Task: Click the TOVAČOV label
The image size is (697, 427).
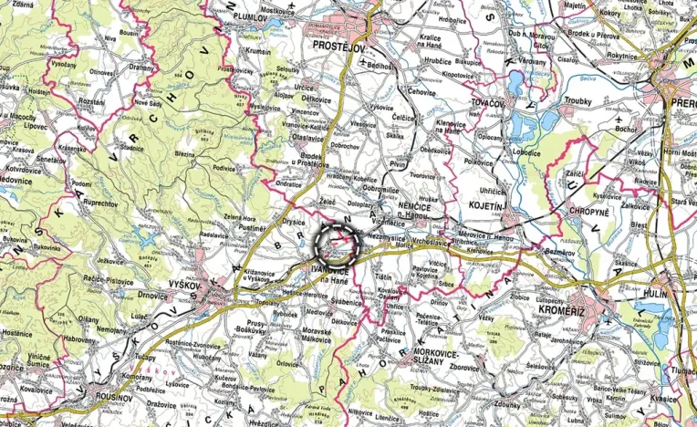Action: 487,104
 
